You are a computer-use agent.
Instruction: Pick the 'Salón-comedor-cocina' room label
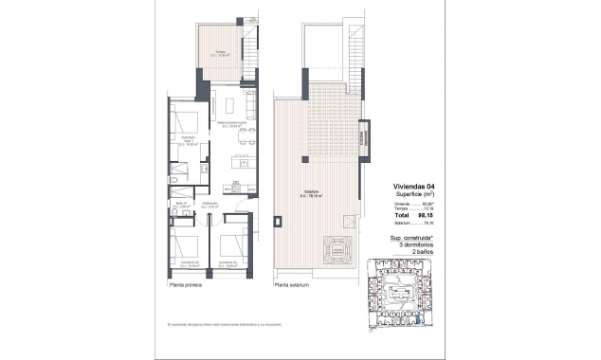click(232, 124)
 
